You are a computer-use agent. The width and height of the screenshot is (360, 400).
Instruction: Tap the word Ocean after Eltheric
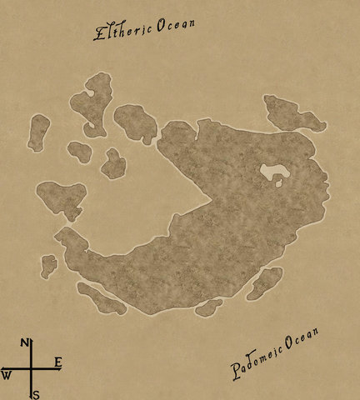[174, 23]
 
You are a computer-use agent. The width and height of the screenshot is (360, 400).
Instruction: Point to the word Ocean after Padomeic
[301, 341]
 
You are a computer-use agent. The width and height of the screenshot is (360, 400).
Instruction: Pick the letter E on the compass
[57, 362]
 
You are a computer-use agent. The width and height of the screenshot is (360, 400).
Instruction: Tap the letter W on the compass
[6, 376]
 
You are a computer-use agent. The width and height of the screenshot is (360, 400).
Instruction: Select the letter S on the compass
[36, 394]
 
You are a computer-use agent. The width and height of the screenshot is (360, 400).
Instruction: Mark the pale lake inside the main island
[272, 173]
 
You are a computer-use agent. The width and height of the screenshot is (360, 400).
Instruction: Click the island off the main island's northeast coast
[292, 113]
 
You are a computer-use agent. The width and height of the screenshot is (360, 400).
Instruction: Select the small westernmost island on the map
[38, 132]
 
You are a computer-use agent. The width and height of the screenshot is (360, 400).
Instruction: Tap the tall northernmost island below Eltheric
[94, 102]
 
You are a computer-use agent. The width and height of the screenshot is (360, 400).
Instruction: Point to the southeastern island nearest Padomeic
[264, 282]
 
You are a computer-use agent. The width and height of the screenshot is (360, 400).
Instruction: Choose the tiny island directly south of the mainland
[207, 307]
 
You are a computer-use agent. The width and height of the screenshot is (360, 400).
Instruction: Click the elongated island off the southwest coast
[101, 297]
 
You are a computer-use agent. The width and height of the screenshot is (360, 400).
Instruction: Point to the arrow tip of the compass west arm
[2, 367]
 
